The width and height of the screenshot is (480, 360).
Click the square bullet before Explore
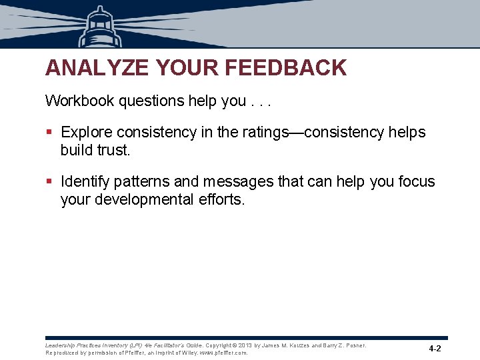49,133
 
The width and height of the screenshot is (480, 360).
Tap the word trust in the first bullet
113,150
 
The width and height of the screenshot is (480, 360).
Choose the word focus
415,182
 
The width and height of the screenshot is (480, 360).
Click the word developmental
145,199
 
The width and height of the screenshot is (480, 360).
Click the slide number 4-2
435,349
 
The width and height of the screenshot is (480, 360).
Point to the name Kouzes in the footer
299,345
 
